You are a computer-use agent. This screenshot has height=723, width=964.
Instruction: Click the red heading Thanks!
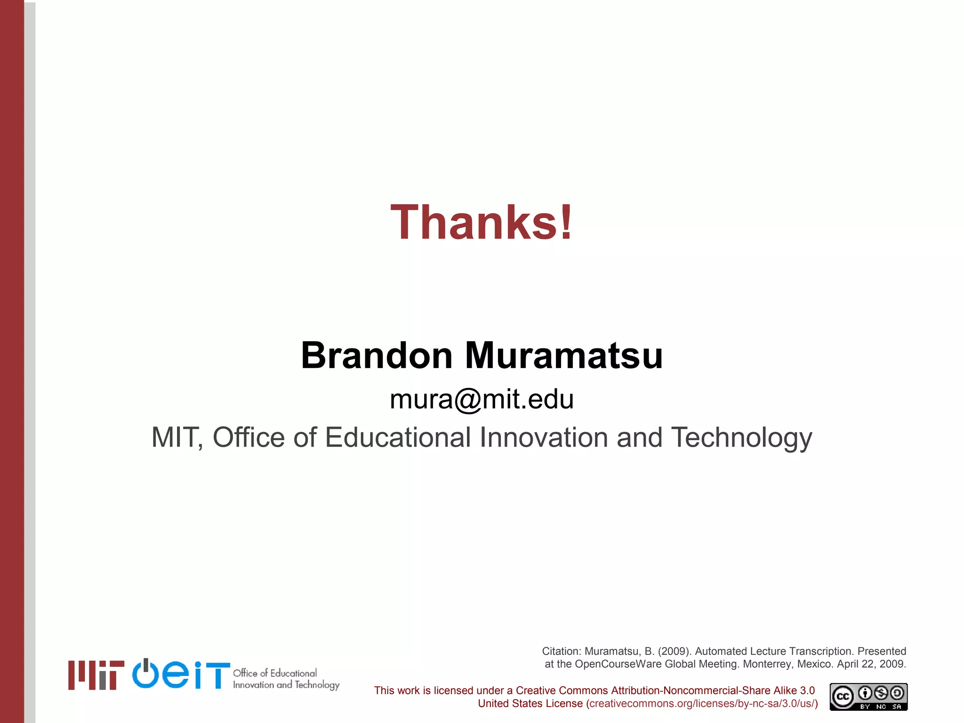[482, 222]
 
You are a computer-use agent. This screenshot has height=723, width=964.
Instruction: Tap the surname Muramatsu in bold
[564, 356]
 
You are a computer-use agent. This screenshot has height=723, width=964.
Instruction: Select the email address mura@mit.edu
[482, 400]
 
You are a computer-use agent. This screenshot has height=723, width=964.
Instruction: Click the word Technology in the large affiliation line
[741, 438]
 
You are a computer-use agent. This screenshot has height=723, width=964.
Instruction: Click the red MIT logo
[96, 675]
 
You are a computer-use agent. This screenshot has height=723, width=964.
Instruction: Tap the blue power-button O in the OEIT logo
[146, 674]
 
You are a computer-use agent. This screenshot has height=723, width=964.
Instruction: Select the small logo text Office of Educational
[275, 673]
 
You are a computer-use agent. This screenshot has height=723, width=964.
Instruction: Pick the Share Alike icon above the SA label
[897, 693]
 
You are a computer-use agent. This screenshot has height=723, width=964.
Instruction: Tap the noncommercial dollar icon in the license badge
[881, 693]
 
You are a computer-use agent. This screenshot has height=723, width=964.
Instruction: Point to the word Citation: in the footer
[562, 651]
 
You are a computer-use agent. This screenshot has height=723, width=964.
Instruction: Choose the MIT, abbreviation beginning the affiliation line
[177, 438]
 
